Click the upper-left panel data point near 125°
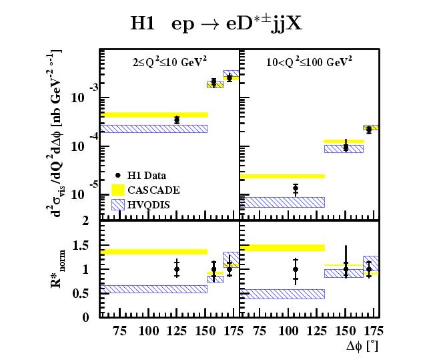(x=176, y=120)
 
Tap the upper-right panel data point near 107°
(x=296, y=189)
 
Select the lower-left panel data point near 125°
(x=176, y=269)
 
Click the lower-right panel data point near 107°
(x=296, y=269)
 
